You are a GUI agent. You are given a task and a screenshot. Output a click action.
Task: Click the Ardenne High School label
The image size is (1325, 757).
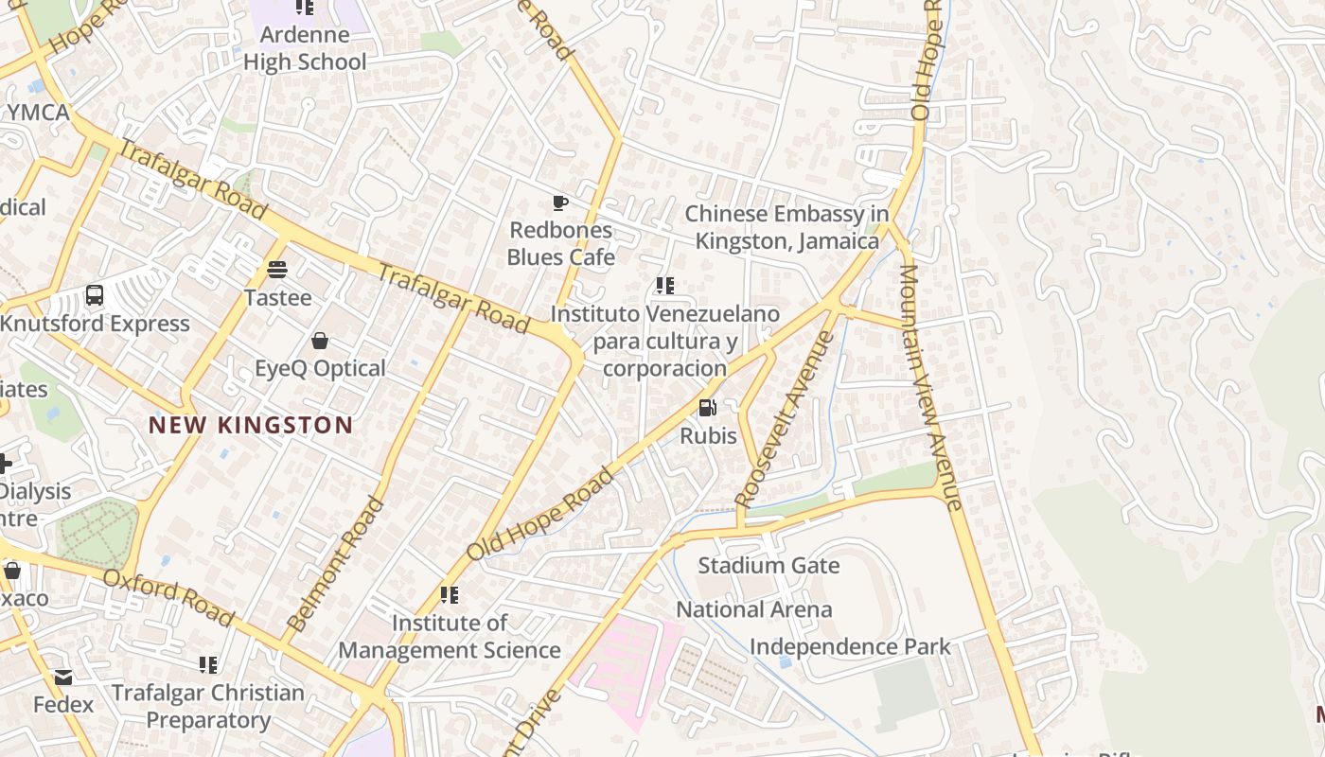pyautogui.click(x=305, y=48)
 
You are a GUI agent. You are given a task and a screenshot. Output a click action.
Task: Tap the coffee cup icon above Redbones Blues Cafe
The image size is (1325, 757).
pyautogui.click(x=560, y=202)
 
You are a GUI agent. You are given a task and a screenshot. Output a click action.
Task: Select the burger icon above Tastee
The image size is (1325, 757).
pyautogui.click(x=277, y=270)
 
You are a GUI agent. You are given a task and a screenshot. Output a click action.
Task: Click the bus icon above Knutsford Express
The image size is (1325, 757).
pyautogui.click(x=95, y=295)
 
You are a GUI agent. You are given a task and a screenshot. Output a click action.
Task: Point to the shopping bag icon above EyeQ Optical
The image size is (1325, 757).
pyautogui.click(x=320, y=341)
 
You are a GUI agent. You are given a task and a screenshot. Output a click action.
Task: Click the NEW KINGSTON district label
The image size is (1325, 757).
pyautogui.click(x=251, y=425)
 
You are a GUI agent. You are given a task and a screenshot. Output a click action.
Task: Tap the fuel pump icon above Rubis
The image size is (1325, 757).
pyautogui.click(x=707, y=409)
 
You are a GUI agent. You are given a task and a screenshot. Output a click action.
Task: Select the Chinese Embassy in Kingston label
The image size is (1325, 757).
pyautogui.click(x=787, y=228)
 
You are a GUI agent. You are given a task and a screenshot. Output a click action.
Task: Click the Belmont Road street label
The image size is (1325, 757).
pyautogui.click(x=336, y=565)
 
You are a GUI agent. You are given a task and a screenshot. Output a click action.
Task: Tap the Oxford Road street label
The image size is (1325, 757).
pyautogui.click(x=168, y=598)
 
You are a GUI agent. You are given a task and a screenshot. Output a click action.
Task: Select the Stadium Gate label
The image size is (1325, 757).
pyautogui.click(x=768, y=566)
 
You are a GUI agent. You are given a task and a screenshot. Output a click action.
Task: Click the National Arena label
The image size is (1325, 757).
pyautogui.click(x=754, y=609)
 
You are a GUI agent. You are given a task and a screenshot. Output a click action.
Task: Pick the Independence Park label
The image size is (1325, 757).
pyautogui.click(x=850, y=646)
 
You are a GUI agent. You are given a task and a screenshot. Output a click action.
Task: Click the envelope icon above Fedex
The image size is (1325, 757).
pyautogui.click(x=63, y=678)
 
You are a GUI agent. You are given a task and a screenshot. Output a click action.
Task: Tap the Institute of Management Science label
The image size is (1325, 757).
pyautogui.click(x=450, y=637)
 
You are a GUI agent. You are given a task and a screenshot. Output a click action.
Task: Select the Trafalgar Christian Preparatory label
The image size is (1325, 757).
pyautogui.click(x=208, y=706)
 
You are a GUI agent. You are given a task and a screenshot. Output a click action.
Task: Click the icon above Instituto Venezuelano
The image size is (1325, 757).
pyautogui.click(x=665, y=285)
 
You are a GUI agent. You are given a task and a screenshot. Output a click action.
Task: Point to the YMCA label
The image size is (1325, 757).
pyautogui.click(x=38, y=113)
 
